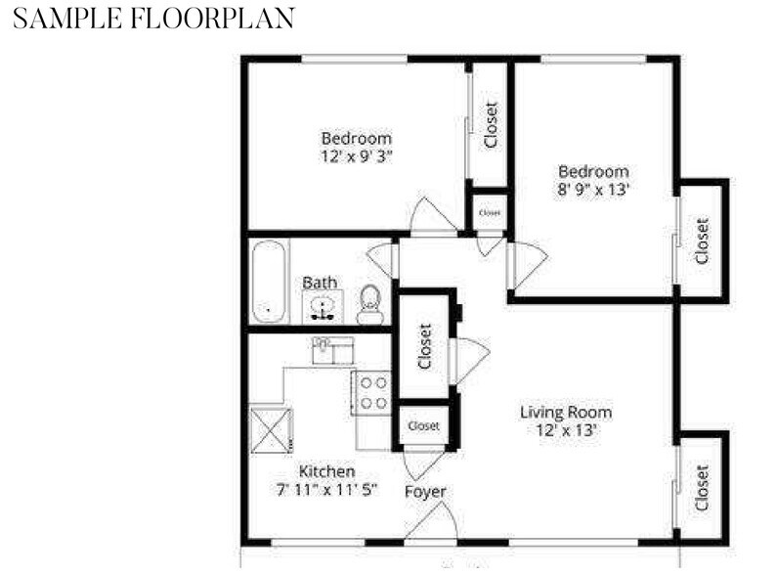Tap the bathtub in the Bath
click(269, 282)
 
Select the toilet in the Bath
click(369, 304)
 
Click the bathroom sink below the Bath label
click(324, 307)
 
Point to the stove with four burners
click(372, 393)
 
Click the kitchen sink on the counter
click(332, 350)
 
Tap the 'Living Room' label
click(565, 412)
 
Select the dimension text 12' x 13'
click(565, 429)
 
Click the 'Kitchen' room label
click(326, 471)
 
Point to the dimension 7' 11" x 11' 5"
click(326, 489)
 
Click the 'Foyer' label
click(425, 491)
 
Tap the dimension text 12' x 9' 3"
click(357, 155)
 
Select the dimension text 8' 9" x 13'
click(593, 190)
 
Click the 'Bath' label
click(320, 283)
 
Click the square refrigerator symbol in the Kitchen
click(271, 429)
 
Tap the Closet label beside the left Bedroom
click(491, 125)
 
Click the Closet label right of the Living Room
click(702, 488)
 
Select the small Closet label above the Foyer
click(423, 426)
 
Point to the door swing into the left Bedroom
click(431, 217)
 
